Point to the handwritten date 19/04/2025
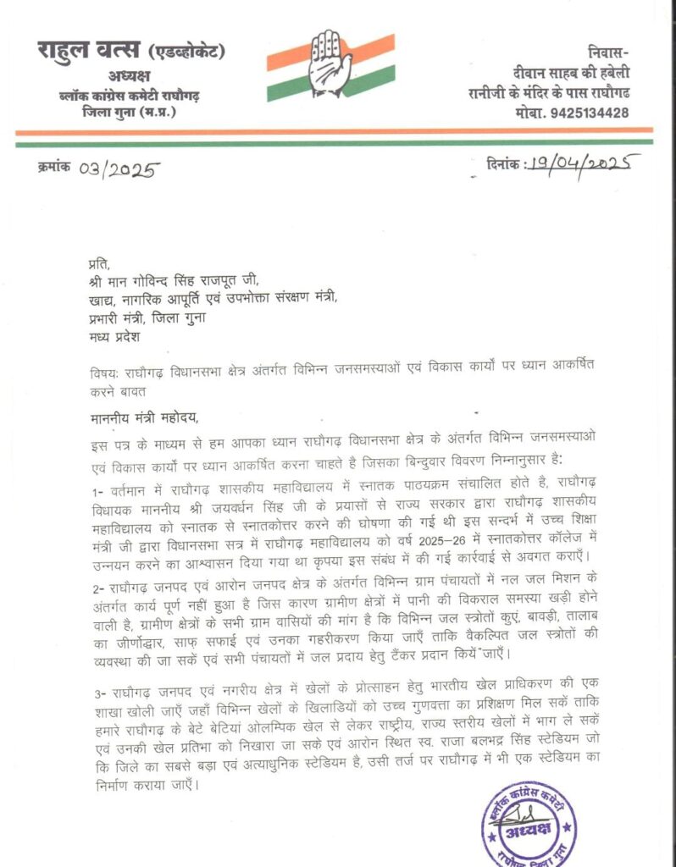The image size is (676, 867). [x=576, y=163]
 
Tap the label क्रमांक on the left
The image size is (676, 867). [x=55, y=169]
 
